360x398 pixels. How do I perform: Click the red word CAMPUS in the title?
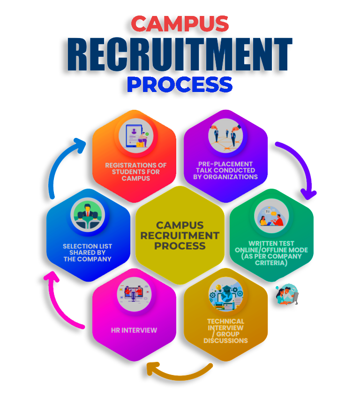(180, 24)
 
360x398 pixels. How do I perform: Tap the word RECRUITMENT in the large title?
(180, 54)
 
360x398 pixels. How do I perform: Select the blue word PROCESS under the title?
(180, 84)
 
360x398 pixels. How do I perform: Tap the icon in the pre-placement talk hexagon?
(225, 136)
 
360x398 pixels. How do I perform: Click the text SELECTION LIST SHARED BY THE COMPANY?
(88, 253)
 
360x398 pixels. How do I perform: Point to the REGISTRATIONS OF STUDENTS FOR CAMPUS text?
(135, 172)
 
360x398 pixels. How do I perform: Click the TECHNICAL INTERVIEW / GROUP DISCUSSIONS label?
(225, 331)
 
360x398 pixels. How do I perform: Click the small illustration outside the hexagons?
(287, 294)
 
